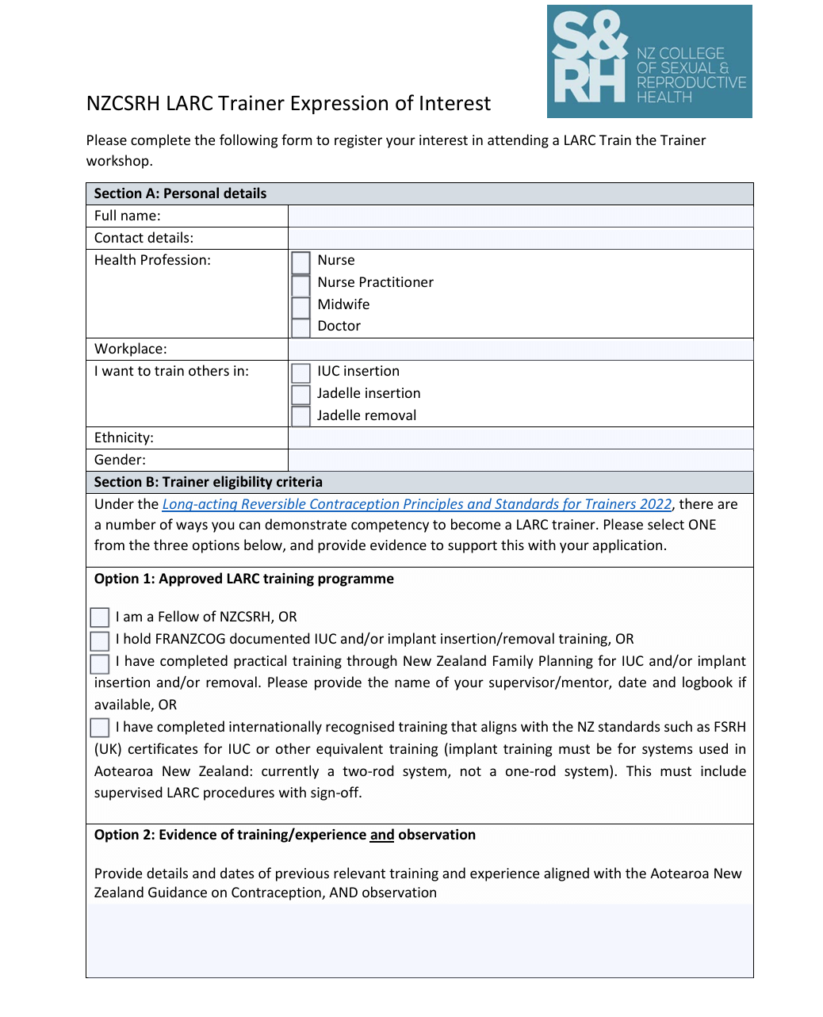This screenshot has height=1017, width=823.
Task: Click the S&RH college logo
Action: pos(649,62)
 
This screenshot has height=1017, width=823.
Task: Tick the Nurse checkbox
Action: pos(301,262)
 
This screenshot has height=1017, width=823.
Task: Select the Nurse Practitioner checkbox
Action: pos(301,284)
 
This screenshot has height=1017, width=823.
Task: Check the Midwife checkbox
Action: pos(301,306)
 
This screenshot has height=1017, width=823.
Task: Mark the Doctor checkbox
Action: pos(301,327)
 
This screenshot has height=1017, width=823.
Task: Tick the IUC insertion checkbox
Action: pos(301,373)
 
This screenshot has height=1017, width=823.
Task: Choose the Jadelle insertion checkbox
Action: pos(301,395)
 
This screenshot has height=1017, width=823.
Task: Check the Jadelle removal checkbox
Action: pos(301,416)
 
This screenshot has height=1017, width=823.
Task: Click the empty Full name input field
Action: pos(520,216)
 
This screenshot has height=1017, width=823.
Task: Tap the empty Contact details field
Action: pos(520,239)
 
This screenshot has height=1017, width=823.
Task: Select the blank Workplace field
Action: pos(520,350)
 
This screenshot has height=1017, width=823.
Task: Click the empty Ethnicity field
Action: pos(520,438)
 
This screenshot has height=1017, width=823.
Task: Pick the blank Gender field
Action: pos(520,461)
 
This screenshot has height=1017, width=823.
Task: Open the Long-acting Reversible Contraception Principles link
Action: pos(417,505)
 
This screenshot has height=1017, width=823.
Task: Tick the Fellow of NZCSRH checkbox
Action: pos(100,617)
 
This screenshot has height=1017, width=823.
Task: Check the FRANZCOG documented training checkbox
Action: pos(100,640)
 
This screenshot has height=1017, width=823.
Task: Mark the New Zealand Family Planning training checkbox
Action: pos(100,663)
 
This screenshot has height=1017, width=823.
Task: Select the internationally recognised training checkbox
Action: pos(100,728)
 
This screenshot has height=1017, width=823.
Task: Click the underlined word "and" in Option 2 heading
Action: pos(382,835)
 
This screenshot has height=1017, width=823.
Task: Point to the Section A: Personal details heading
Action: pos(181,194)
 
